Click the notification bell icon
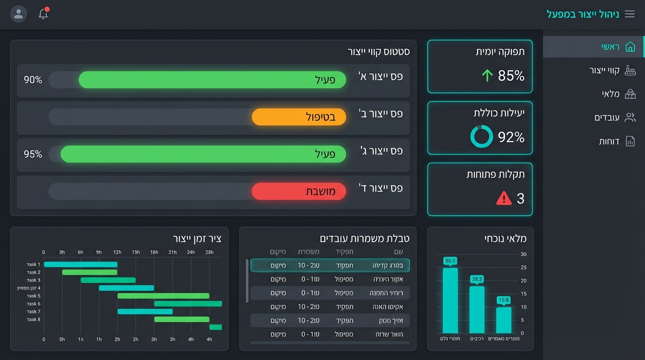click(x=43, y=14)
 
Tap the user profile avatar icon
click(x=19, y=14)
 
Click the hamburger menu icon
click(x=630, y=14)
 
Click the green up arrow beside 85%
click(x=487, y=75)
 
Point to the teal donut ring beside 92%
click(x=481, y=136)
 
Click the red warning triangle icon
click(x=503, y=198)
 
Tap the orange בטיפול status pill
click(x=299, y=117)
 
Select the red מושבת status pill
click(x=299, y=191)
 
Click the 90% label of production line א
click(x=33, y=80)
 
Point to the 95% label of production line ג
click(x=33, y=154)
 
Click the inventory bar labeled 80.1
click(x=450, y=300)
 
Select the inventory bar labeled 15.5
click(x=503, y=320)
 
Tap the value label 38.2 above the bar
click(x=477, y=279)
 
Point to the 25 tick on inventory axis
click(x=524, y=268)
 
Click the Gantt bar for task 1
click(x=80, y=264)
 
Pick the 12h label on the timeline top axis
click(x=117, y=252)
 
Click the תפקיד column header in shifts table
click(x=345, y=252)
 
